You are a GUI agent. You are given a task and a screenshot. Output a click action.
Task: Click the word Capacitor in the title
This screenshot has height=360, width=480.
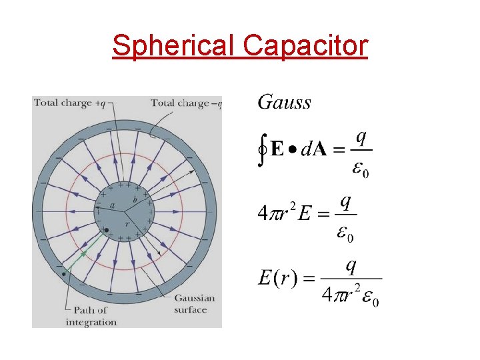pos(305,45)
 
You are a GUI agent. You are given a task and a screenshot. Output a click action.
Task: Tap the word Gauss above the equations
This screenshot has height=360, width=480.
pos(284,102)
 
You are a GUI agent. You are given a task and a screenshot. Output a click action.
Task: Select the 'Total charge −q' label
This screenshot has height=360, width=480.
pos(185,103)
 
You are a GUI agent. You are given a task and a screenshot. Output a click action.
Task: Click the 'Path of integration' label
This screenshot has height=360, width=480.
pos(91,316)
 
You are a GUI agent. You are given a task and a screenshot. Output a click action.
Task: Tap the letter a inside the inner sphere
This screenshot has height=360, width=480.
pos(112,207)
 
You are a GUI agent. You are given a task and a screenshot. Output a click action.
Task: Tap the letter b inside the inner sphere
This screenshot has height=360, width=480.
pos(135,199)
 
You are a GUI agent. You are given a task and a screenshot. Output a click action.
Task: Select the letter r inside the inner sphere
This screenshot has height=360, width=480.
pos(127,225)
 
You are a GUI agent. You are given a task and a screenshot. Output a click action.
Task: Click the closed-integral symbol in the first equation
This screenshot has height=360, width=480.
pos(263,151)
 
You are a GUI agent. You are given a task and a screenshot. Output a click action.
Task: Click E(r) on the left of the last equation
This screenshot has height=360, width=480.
pos(277,279)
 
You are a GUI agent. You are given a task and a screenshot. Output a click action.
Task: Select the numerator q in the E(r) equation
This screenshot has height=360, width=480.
pos(351,265)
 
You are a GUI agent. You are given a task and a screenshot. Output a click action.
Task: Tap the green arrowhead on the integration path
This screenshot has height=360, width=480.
pos(84,253)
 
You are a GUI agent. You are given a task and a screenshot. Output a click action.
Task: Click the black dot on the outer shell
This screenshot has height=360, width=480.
pos(63,274)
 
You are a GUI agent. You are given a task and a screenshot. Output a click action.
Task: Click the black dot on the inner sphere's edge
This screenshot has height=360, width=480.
pos(106,231)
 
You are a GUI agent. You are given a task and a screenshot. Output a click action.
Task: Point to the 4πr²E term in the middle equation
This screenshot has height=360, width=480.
pos(285,213)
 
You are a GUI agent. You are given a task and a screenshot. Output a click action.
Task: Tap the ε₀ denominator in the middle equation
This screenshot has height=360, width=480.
pos(345,233)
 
